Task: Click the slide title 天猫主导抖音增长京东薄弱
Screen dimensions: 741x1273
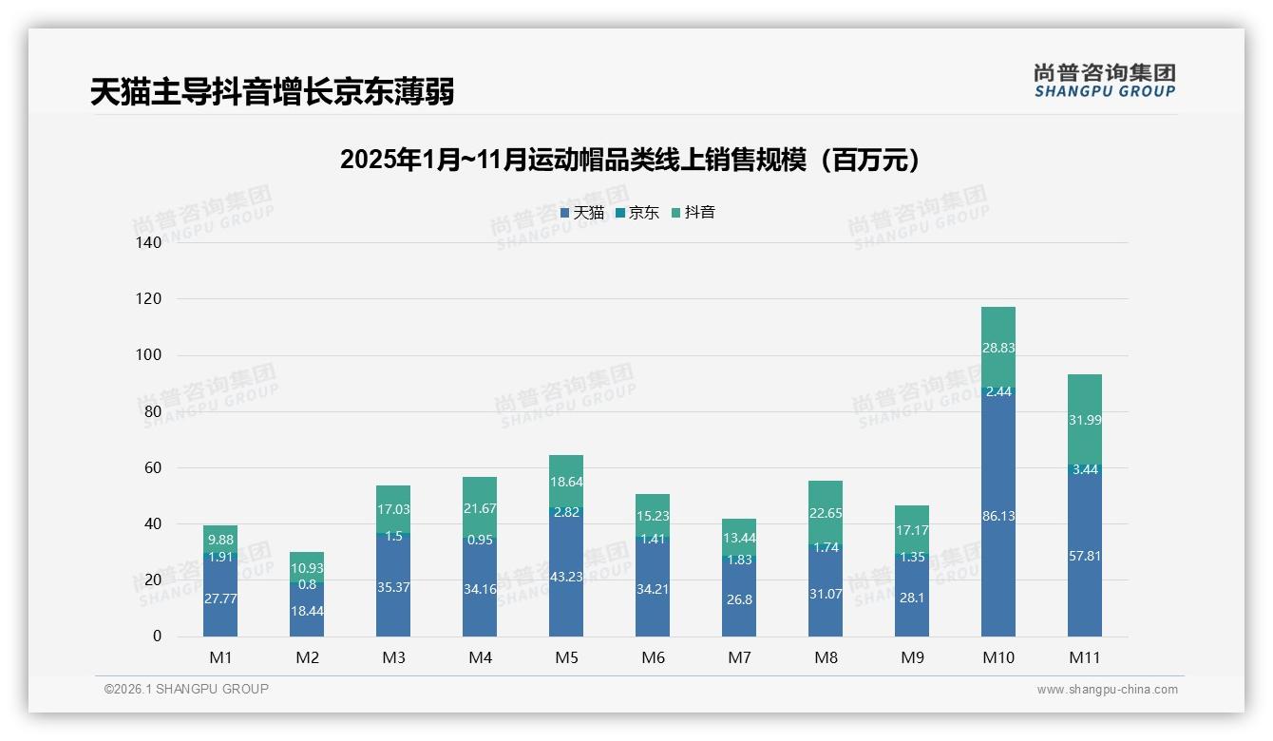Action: pyautogui.click(x=272, y=92)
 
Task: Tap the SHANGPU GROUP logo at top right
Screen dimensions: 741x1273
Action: pyautogui.click(x=1104, y=81)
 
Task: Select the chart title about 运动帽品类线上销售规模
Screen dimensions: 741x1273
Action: pyautogui.click(x=630, y=160)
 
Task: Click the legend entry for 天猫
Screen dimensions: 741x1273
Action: pyautogui.click(x=581, y=213)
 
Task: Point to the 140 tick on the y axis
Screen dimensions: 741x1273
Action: pyautogui.click(x=149, y=243)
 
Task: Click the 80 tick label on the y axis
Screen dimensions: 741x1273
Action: pyautogui.click(x=153, y=412)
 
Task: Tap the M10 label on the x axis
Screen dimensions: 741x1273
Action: pyautogui.click(x=997, y=657)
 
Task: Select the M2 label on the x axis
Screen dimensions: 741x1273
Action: pyautogui.click(x=307, y=657)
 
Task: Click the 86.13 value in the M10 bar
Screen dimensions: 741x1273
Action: pyautogui.click(x=998, y=516)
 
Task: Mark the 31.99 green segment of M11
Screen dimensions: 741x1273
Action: pyautogui.click(x=1085, y=420)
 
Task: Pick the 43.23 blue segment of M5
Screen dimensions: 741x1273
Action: pyautogui.click(x=566, y=576)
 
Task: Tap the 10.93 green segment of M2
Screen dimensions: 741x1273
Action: pyautogui.click(x=307, y=567)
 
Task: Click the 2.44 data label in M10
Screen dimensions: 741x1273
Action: pyautogui.click(x=998, y=391)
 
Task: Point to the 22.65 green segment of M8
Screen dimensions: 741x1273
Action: pyautogui.click(x=826, y=513)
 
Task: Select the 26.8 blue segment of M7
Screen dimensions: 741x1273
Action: pyautogui.click(x=739, y=599)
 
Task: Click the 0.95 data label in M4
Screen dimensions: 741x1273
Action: pyautogui.click(x=480, y=540)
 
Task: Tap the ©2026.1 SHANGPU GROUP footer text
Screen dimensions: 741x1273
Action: pyautogui.click(x=186, y=689)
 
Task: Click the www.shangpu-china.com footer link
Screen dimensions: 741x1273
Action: pyautogui.click(x=1107, y=690)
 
